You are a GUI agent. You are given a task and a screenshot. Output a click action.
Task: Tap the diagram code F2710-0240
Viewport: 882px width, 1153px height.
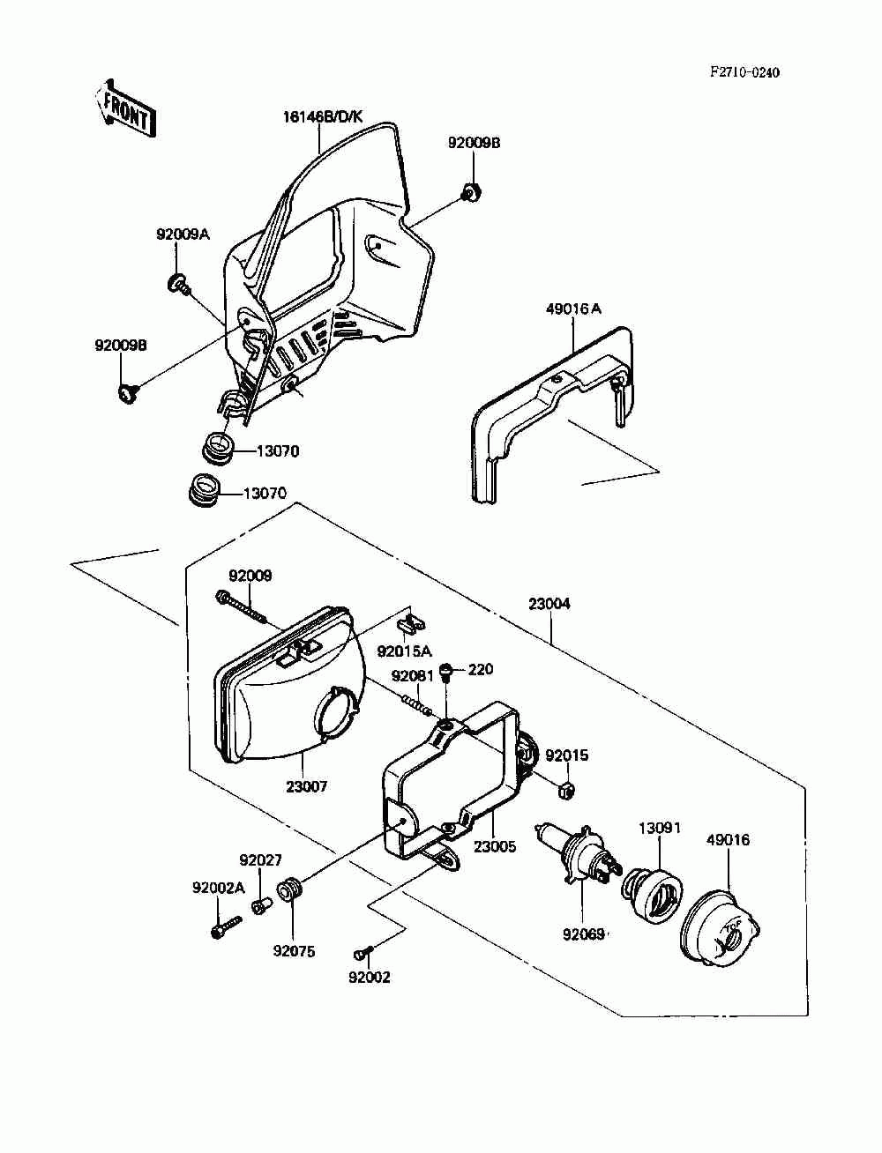(744, 72)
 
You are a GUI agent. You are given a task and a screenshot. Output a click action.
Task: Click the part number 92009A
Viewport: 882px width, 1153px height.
(183, 234)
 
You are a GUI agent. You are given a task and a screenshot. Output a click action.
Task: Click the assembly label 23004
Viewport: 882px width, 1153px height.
(549, 604)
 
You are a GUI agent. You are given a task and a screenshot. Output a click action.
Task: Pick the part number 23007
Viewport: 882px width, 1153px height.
(306, 786)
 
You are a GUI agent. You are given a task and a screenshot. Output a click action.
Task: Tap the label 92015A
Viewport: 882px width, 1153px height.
(405, 651)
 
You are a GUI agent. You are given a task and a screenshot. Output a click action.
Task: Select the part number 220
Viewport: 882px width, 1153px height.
(481, 670)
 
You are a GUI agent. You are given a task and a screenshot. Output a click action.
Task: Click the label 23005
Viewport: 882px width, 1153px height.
(494, 846)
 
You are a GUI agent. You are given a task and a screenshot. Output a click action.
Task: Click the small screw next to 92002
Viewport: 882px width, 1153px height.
(363, 952)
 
